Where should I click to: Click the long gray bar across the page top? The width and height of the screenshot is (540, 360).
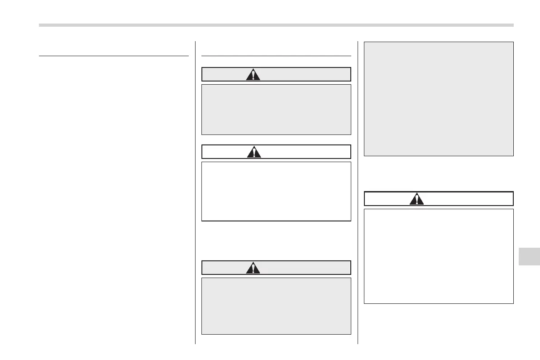tap(276, 25)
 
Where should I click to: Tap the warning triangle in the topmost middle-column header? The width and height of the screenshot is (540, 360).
tap(253, 74)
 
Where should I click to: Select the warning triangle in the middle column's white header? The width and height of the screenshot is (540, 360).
tap(254, 152)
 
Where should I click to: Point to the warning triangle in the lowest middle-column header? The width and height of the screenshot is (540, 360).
tap(253, 268)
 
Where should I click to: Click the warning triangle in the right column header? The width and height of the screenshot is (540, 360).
tap(416, 199)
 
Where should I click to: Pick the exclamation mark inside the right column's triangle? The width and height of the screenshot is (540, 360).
tap(416, 200)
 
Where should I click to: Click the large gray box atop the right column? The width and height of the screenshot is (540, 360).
tap(439, 99)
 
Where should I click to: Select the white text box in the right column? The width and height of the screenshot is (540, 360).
tap(439, 256)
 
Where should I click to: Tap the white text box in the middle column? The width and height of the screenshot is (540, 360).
tap(276, 191)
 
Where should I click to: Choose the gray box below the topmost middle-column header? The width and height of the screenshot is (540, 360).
tap(276, 109)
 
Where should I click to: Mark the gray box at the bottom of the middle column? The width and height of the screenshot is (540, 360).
tap(276, 306)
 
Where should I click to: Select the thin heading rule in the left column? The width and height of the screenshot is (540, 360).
tap(114, 56)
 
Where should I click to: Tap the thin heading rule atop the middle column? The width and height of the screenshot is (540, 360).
tap(276, 56)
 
